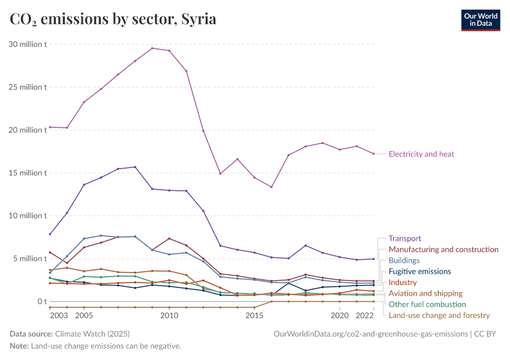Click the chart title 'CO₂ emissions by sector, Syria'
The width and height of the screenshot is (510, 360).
(113, 19)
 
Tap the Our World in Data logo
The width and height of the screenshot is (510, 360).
(480, 19)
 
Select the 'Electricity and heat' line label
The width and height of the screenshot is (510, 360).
(421, 154)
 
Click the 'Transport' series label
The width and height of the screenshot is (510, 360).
(405, 239)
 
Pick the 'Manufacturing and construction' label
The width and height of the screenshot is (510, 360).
(443, 250)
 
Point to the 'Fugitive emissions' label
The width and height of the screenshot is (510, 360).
(419, 272)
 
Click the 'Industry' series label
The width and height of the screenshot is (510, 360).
(403, 283)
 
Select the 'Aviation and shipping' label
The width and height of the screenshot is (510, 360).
(425, 293)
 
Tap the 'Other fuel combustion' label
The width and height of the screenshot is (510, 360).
(427, 305)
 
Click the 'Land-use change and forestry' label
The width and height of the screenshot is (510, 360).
(439, 316)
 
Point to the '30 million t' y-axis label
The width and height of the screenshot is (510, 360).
(28, 44)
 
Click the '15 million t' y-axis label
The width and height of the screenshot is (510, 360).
(28, 173)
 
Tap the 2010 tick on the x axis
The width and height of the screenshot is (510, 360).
(169, 315)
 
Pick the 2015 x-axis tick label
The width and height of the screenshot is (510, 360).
(254, 315)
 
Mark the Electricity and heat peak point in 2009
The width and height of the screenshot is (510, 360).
(152, 48)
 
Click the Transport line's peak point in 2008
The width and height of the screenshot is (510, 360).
(135, 167)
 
